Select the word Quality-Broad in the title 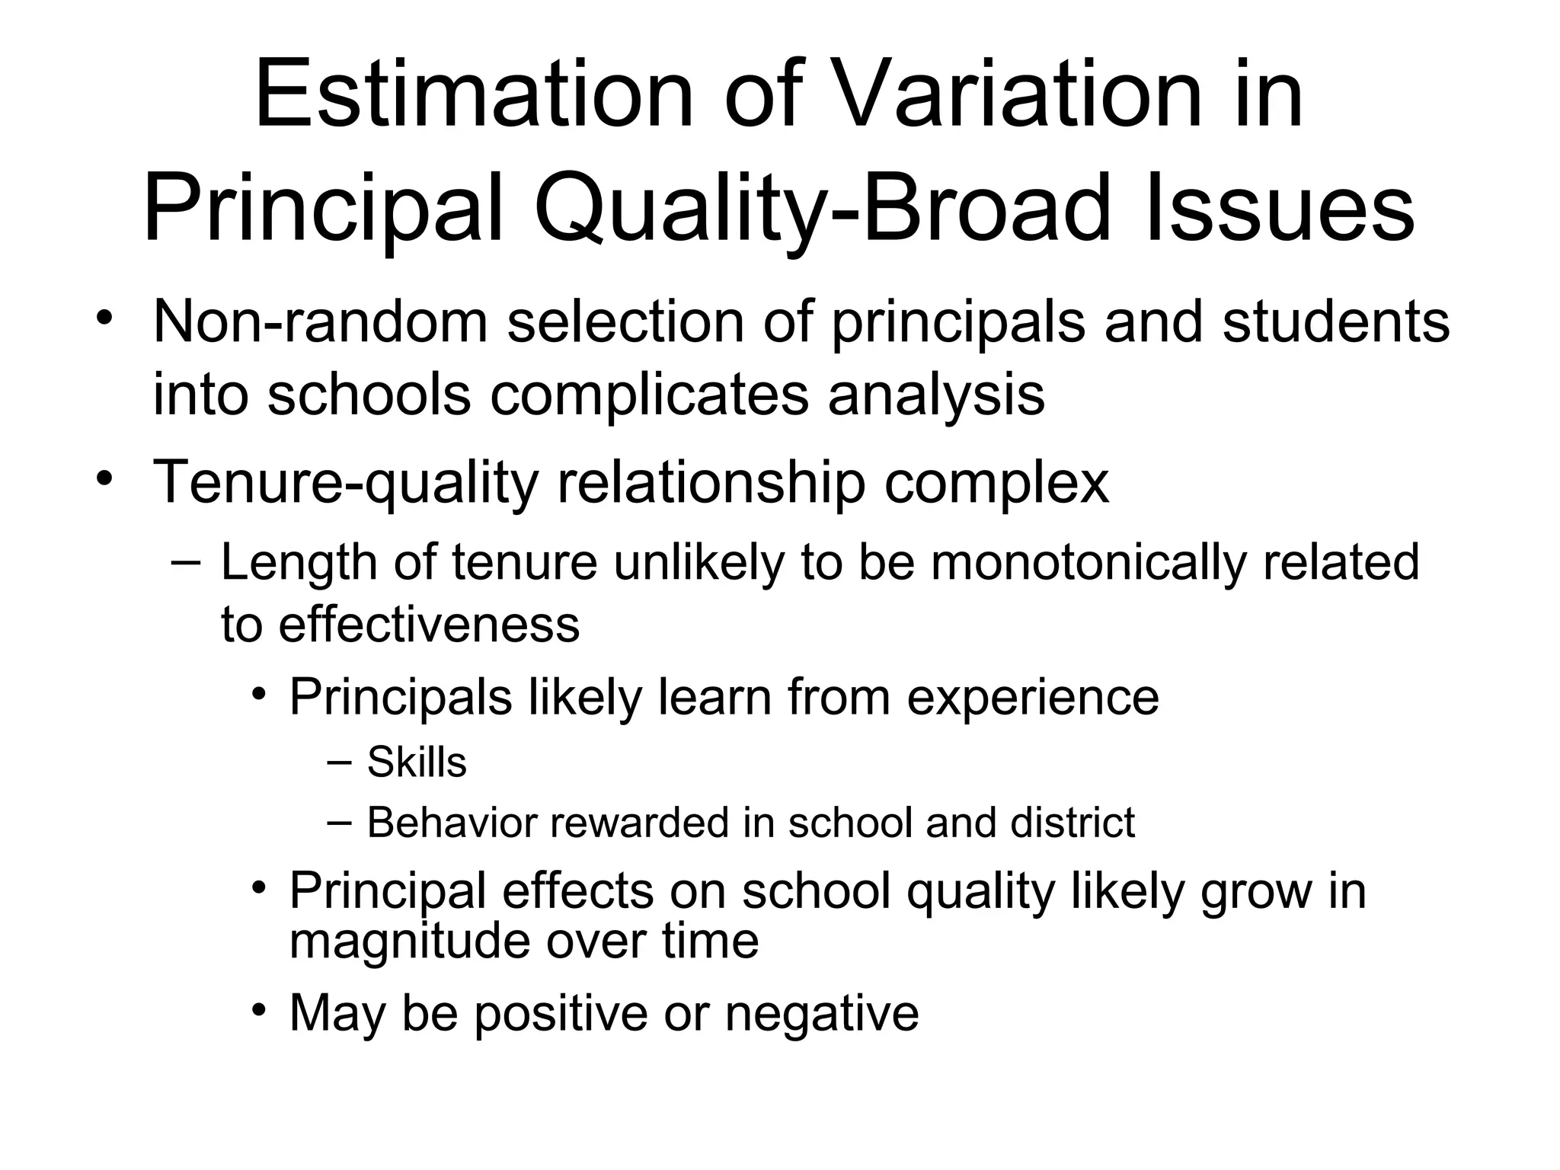click(x=823, y=209)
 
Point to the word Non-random click(x=320, y=321)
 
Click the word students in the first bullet click(x=1336, y=321)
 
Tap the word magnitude click(x=408, y=941)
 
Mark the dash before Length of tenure click(x=186, y=562)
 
